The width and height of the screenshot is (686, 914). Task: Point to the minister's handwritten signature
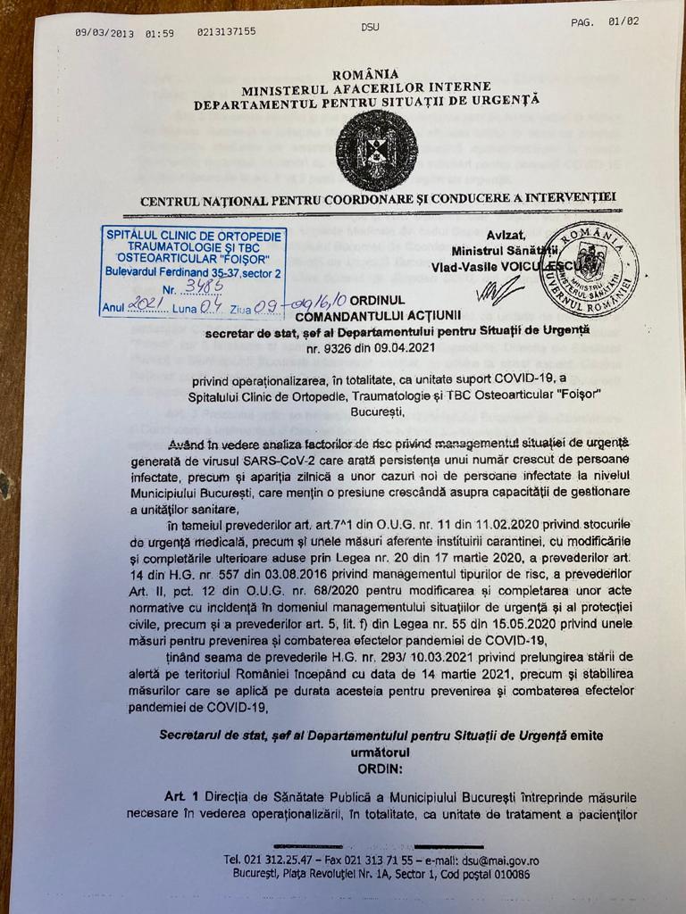coord(499,289)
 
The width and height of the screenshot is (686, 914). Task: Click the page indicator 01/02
coord(623,22)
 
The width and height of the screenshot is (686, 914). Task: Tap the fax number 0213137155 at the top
coord(226,32)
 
